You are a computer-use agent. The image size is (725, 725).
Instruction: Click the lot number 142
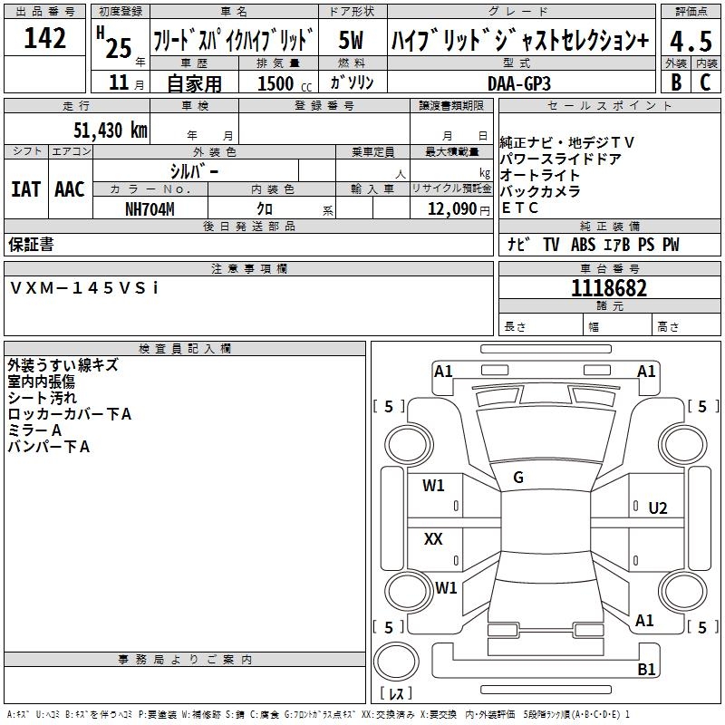point(45,38)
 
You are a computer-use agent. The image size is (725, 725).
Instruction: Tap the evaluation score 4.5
point(690,41)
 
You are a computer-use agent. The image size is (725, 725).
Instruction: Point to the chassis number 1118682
point(609,288)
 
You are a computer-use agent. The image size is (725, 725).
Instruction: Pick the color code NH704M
point(150,208)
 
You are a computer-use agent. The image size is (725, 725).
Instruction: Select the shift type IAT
point(25,188)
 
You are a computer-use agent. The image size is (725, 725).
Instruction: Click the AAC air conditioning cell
point(70,188)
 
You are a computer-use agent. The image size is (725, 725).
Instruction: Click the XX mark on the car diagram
point(433,539)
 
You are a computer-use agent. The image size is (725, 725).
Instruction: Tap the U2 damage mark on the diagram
point(658,507)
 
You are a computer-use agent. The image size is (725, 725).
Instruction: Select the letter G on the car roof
point(518,478)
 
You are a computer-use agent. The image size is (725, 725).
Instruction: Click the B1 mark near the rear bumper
point(646,670)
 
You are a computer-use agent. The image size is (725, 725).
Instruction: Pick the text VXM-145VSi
point(84,287)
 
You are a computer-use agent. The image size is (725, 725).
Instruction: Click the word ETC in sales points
point(520,208)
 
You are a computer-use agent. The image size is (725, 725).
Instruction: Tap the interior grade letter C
point(705,82)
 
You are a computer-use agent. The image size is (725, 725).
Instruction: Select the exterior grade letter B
point(675,82)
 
